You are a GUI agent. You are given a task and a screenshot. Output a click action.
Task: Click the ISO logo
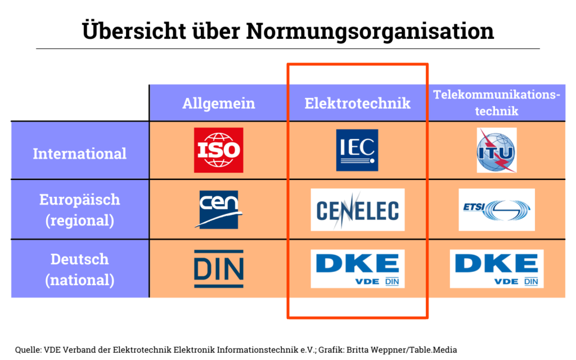click(x=218, y=150)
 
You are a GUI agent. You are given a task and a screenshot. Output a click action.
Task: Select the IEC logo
click(x=357, y=150)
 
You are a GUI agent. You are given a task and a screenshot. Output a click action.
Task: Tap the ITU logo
click(x=496, y=150)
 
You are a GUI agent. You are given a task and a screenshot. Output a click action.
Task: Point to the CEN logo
click(x=219, y=209)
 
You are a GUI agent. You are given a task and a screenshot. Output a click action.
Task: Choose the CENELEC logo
click(x=357, y=210)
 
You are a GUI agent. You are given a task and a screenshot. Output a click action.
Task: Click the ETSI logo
click(x=496, y=210)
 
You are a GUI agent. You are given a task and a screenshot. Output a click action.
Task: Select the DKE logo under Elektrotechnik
click(x=357, y=269)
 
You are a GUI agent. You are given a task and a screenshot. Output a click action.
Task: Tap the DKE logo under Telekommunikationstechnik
click(x=496, y=269)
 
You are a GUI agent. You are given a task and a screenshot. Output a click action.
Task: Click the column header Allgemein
click(x=218, y=103)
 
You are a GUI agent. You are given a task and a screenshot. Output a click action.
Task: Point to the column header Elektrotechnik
click(x=357, y=103)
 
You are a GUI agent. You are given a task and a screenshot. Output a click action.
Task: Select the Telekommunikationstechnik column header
click(x=497, y=102)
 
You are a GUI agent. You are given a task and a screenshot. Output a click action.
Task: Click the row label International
click(x=79, y=154)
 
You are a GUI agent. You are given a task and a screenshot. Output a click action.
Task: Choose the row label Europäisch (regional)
click(x=79, y=210)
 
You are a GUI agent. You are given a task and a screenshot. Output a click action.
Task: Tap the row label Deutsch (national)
click(x=79, y=269)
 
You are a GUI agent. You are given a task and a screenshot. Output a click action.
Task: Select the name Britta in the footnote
click(x=357, y=349)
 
